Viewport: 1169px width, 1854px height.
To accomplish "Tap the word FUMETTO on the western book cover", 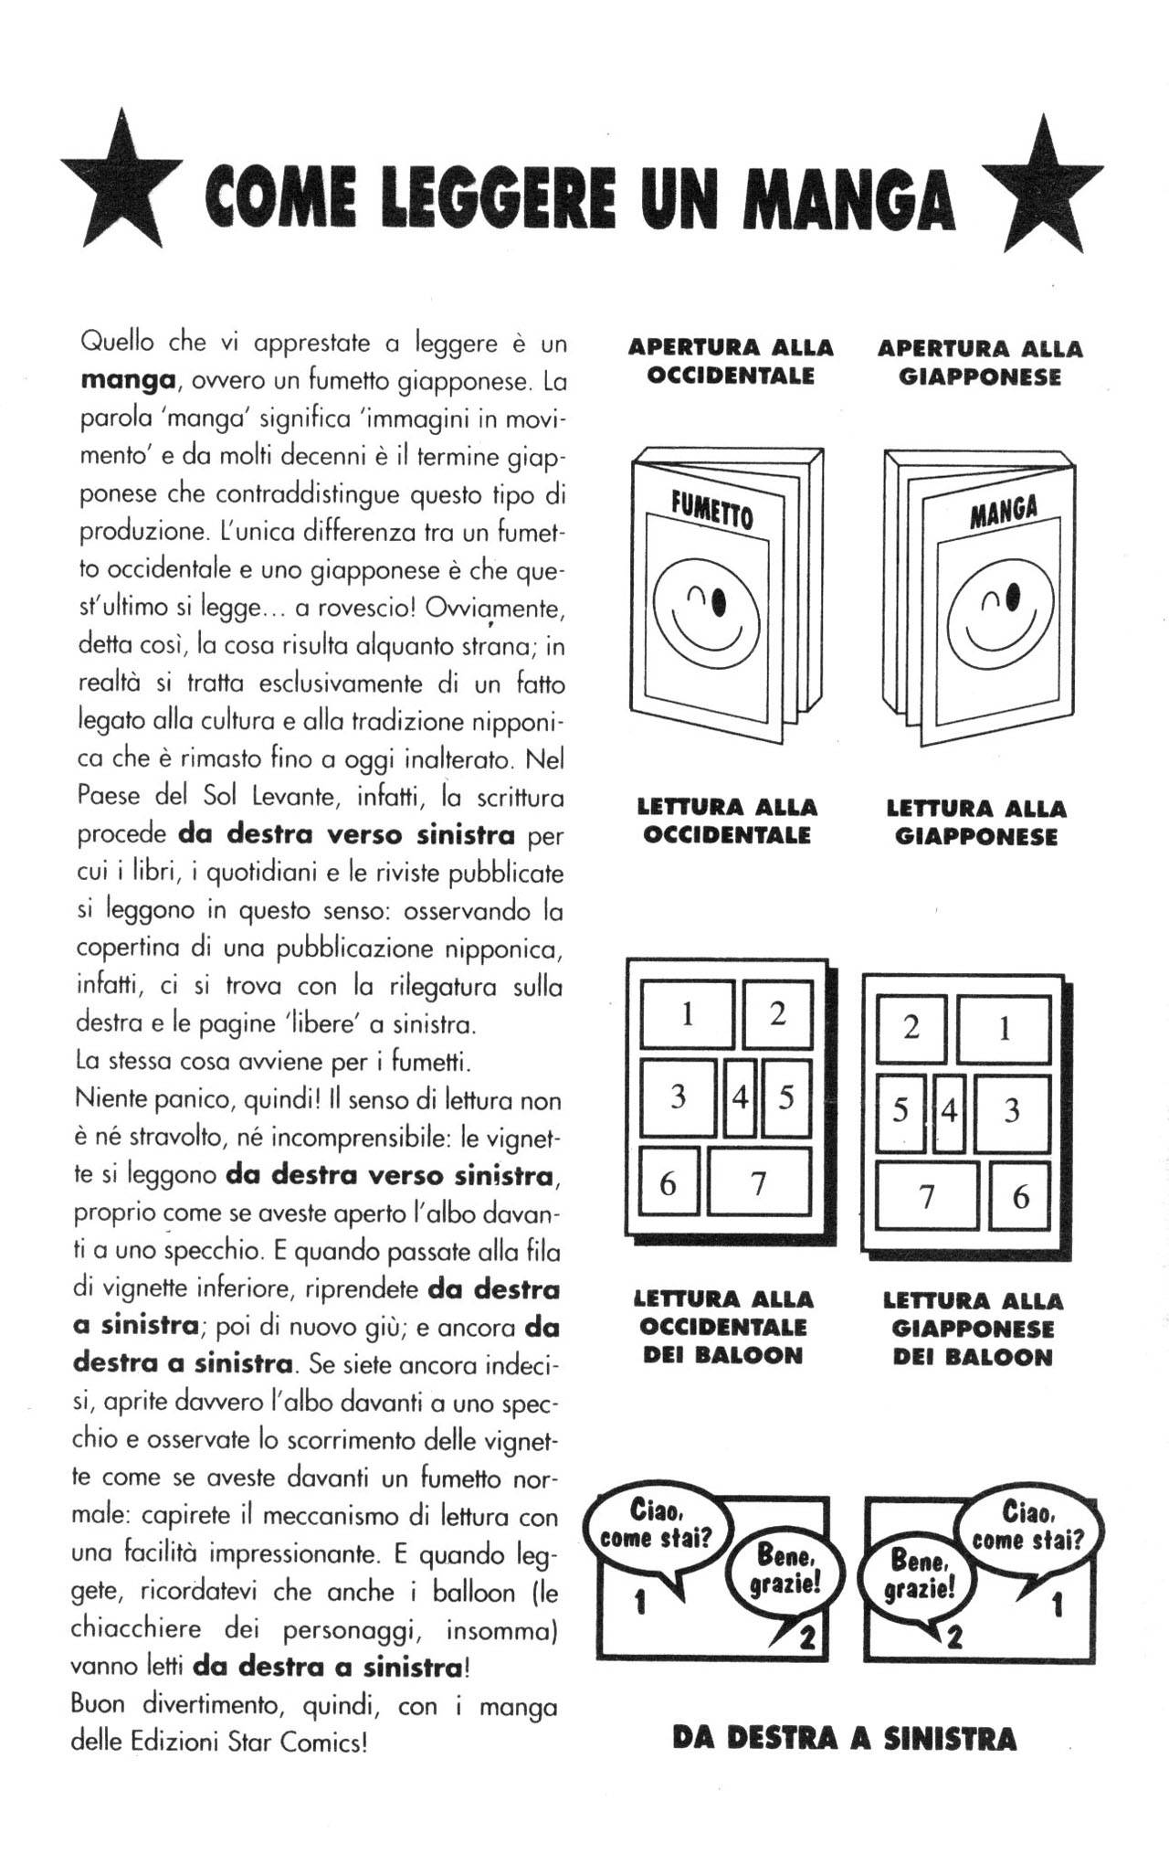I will [709, 510].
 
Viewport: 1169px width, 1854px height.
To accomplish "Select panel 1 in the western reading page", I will [687, 1013].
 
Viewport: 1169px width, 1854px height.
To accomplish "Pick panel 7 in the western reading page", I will [758, 1183].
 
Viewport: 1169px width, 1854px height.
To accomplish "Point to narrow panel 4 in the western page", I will [740, 1097].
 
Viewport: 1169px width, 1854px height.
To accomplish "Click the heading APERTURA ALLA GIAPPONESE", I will [979, 363].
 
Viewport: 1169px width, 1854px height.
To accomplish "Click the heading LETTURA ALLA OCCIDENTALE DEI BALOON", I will [722, 1327].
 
